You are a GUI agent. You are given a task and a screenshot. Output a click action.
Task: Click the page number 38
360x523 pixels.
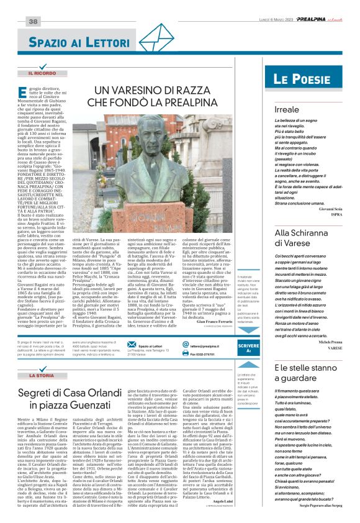[33, 22]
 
